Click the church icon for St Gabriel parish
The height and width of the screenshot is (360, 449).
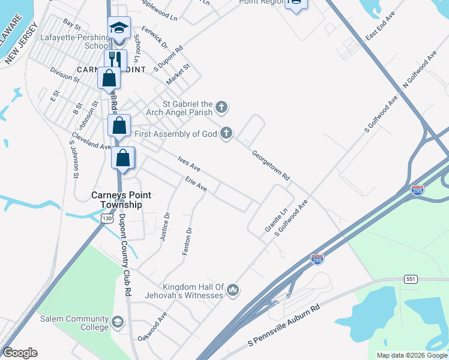(221, 107)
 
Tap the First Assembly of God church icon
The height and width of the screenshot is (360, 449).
(226, 133)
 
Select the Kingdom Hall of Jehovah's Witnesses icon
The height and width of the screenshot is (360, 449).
(234, 291)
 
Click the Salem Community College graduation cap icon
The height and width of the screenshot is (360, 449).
(117, 321)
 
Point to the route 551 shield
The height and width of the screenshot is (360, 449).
(411, 279)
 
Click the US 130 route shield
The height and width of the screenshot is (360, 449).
(107, 219)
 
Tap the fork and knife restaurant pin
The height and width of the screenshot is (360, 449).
(115, 59)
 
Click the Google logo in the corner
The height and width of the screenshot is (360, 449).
(20, 353)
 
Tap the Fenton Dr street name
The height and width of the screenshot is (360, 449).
(188, 241)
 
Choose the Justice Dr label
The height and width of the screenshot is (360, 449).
(165, 227)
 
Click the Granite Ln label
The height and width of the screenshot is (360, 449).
(277, 220)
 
